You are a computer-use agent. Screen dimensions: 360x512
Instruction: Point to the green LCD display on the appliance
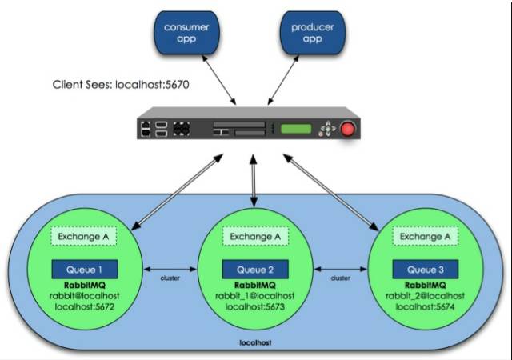click(296, 129)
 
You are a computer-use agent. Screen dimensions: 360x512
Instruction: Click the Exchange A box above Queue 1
click(85, 237)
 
